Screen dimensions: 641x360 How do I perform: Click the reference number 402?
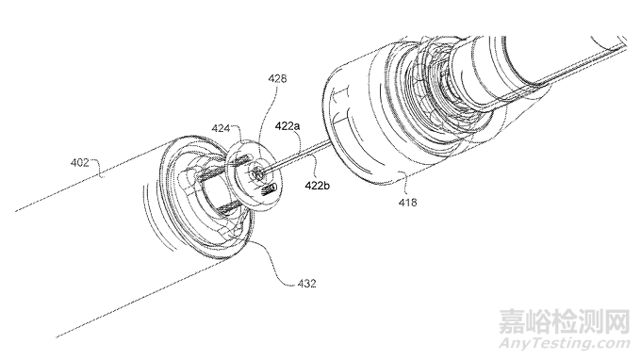[80, 163]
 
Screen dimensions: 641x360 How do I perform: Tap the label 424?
[221, 128]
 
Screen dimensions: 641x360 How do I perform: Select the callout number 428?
[277, 78]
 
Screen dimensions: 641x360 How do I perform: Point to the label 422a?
[288, 126]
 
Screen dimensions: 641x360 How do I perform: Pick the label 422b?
[318, 186]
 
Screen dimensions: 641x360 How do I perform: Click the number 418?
[407, 202]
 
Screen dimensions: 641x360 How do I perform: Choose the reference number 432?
[307, 283]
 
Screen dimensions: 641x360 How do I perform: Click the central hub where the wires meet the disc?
[256, 173]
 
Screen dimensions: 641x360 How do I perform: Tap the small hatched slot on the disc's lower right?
[269, 188]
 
